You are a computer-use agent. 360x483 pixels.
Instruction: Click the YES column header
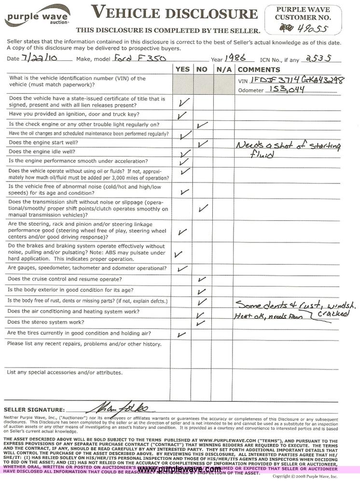coord(182,70)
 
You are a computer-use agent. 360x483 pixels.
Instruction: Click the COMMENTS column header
coord(259,70)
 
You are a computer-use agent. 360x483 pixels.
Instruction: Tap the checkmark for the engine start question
coord(203,143)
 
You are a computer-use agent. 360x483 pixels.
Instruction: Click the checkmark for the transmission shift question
coord(203,208)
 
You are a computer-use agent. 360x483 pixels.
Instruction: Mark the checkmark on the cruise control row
coord(202,279)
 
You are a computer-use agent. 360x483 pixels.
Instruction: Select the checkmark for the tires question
coord(182,334)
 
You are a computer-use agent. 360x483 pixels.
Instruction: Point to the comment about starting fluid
coord(288,149)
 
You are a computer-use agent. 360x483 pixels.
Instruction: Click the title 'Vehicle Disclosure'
coord(174,13)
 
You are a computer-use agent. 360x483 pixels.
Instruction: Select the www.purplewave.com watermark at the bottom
coord(179,469)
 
